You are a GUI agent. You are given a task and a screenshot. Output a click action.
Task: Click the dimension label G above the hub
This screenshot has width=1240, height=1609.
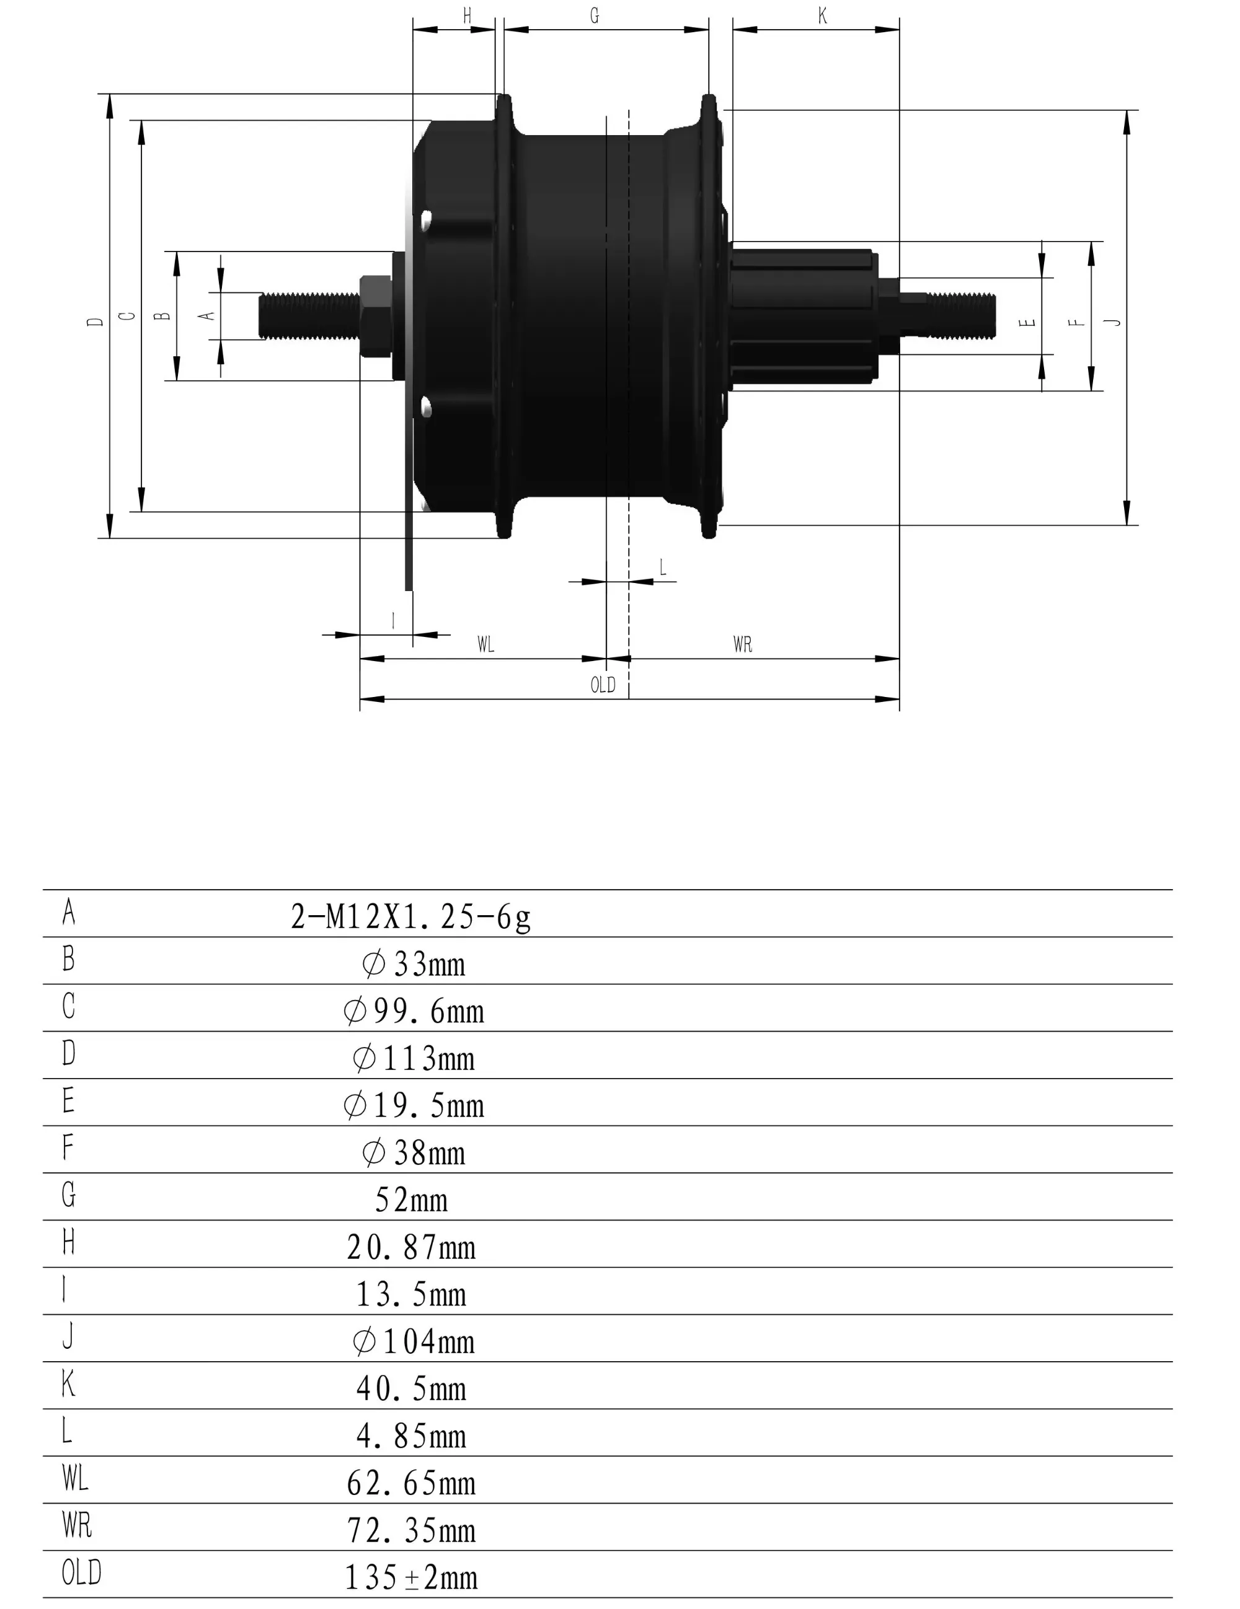tap(594, 15)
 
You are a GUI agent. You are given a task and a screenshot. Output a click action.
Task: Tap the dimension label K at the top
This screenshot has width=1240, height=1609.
tap(822, 15)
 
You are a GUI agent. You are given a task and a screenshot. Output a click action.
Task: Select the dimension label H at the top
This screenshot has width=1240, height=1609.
tap(467, 15)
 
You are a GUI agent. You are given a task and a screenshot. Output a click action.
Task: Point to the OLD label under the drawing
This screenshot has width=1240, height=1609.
tap(602, 685)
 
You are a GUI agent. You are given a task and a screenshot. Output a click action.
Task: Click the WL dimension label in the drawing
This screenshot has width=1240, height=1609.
tap(485, 644)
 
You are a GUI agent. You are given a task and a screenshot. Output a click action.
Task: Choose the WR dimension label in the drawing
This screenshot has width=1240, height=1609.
tap(742, 644)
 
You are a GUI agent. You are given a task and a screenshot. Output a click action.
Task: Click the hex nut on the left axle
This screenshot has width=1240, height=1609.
tap(375, 315)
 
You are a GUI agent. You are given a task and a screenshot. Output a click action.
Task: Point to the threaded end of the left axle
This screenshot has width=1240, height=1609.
tap(309, 315)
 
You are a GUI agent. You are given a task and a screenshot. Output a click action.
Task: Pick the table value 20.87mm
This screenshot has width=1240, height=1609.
tap(411, 1247)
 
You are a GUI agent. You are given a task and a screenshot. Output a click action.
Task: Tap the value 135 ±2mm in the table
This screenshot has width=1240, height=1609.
tap(411, 1577)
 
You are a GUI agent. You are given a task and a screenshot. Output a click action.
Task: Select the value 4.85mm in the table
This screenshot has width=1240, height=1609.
tap(411, 1436)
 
